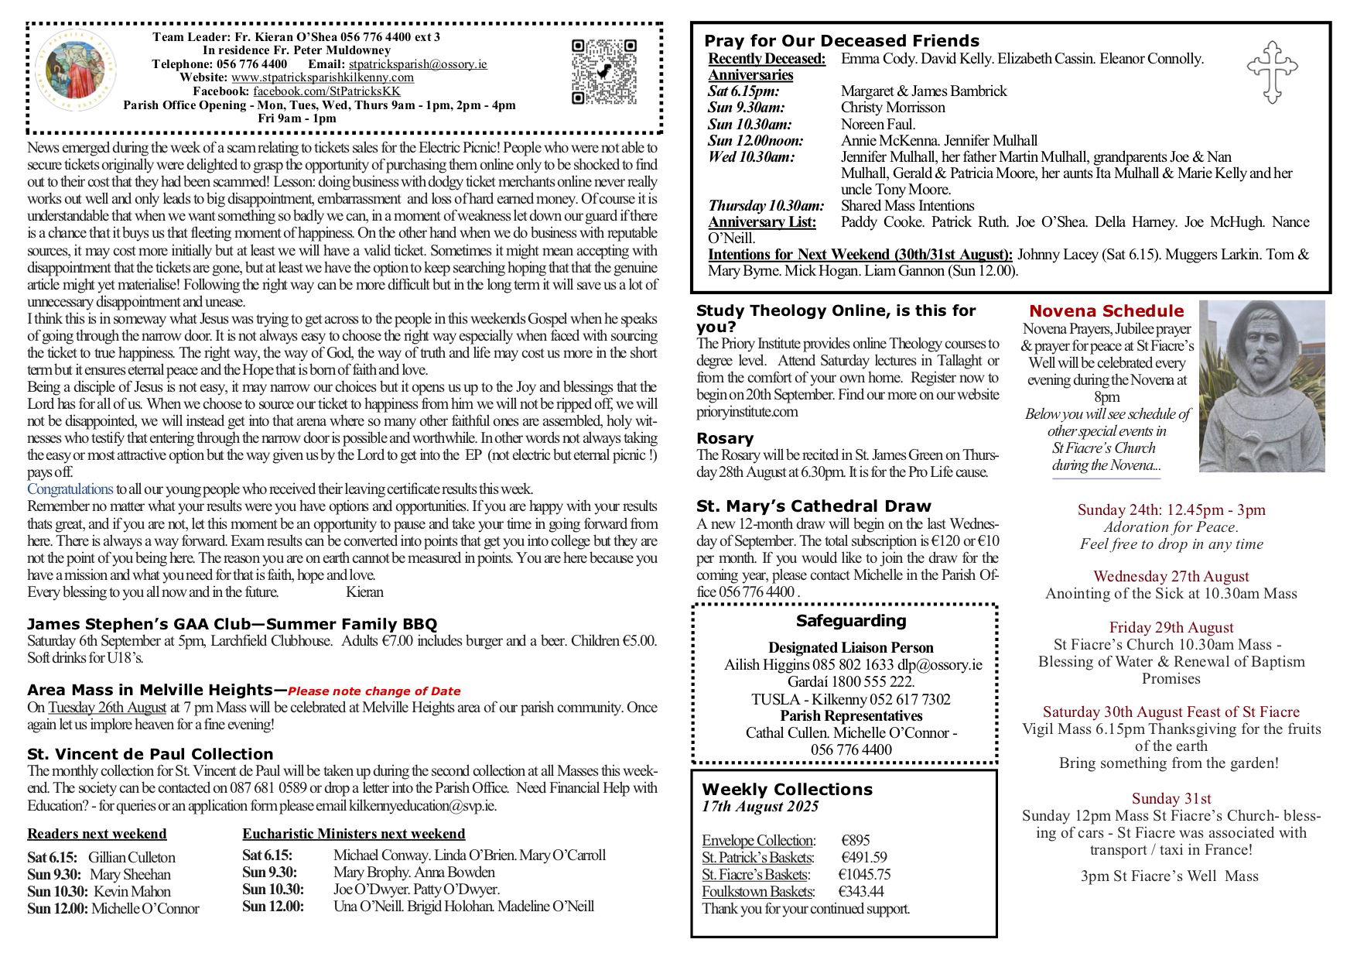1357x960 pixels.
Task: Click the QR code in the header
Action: point(604,71)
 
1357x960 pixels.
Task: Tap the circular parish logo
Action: point(76,74)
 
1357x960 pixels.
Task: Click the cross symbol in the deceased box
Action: point(1272,72)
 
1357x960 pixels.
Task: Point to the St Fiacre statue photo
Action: point(1261,386)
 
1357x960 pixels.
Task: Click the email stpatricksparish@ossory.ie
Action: point(418,64)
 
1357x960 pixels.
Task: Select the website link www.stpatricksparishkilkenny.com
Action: point(322,77)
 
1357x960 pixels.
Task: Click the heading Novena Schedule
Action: point(1106,311)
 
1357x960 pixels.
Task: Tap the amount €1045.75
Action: point(864,875)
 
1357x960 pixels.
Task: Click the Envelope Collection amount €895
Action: point(856,841)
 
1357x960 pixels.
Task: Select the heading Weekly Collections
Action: point(787,790)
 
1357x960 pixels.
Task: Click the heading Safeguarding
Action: point(851,621)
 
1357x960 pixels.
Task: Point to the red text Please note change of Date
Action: point(374,691)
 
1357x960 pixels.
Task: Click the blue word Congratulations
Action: point(70,489)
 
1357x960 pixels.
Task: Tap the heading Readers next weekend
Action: point(97,834)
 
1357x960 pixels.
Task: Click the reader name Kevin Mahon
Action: point(132,892)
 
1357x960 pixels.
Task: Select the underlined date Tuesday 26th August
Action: point(107,708)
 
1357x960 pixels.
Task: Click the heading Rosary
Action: point(724,438)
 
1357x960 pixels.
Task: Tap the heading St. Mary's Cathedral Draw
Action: point(813,506)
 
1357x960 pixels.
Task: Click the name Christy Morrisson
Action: point(893,108)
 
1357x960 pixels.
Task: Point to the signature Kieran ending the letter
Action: point(364,592)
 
